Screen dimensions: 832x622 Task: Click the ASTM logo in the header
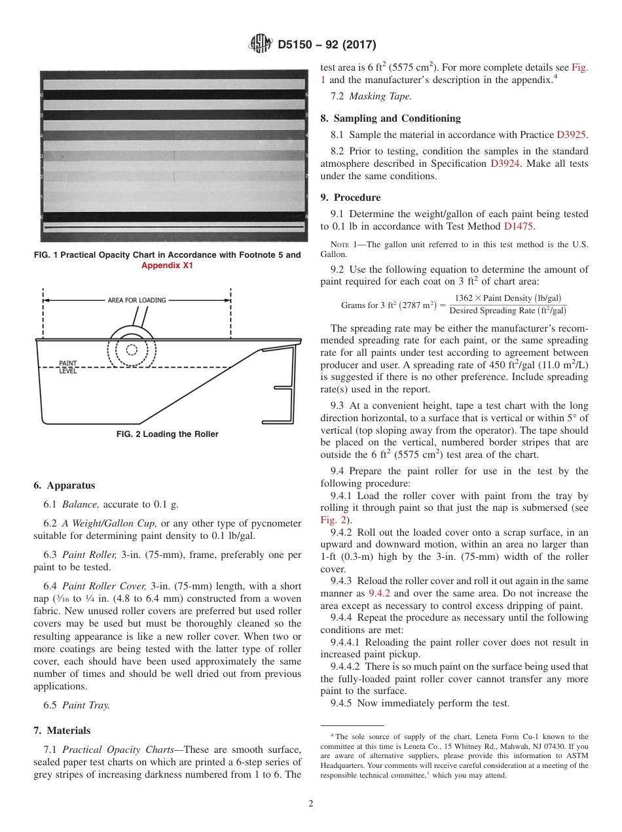(x=261, y=44)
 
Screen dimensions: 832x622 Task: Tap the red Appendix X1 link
(x=167, y=266)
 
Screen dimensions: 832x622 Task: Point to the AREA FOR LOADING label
(x=137, y=300)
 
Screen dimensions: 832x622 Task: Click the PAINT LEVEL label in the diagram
(x=68, y=367)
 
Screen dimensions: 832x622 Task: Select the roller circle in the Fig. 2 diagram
(x=132, y=349)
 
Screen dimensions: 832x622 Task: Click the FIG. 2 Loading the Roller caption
(x=167, y=434)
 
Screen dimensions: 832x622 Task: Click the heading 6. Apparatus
(x=64, y=485)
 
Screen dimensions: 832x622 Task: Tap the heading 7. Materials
(x=62, y=730)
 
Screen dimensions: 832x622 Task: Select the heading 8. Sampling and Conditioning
(x=390, y=118)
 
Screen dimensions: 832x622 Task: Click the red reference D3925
(x=571, y=135)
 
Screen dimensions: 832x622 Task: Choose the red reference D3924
(x=505, y=164)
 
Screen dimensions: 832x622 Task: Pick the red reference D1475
(x=519, y=226)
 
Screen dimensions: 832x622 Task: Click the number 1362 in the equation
(x=467, y=298)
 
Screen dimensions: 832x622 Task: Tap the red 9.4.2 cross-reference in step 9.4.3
(x=379, y=593)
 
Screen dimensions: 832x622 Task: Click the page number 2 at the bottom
(x=311, y=804)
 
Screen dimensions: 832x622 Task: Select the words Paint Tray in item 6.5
(x=86, y=705)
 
